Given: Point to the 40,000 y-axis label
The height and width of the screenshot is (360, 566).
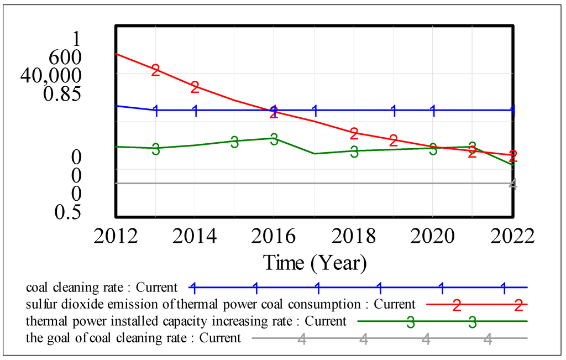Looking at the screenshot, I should point(50,75).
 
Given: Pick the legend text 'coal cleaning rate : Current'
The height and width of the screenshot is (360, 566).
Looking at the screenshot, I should point(102,288).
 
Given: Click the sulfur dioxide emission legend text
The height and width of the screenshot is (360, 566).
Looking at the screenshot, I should point(220,304).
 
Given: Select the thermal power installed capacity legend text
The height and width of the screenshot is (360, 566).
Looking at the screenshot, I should point(186,321).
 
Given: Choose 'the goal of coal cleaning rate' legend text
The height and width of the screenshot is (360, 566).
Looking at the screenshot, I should point(133,338).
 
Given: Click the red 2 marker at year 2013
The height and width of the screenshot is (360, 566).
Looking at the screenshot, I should point(155,70).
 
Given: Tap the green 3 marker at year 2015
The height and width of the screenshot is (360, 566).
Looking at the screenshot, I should point(234,142).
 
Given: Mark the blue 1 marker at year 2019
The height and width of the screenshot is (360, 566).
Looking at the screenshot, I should point(394,111).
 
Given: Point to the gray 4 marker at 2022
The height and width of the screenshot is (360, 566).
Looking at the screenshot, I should point(512,184).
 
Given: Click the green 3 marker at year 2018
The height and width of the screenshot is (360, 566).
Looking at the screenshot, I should point(354,152).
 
